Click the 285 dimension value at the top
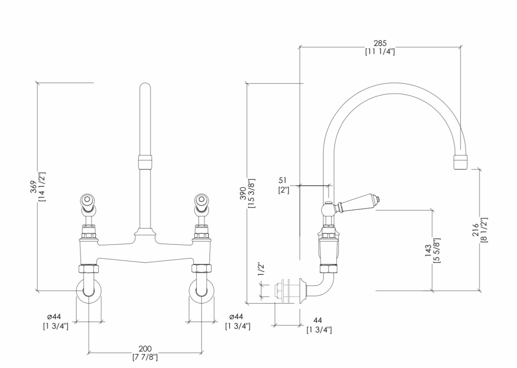click(x=380, y=43)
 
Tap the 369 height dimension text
click(x=34, y=187)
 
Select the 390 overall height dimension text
click(x=243, y=193)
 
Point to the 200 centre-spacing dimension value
click(x=145, y=348)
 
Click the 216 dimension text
click(x=476, y=230)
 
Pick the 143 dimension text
click(x=428, y=251)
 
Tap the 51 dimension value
click(x=282, y=180)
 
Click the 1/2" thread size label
click(x=261, y=269)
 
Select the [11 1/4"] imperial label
click(x=380, y=52)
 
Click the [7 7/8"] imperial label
click(x=145, y=357)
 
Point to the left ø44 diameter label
click(x=54, y=317)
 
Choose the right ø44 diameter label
click(x=236, y=317)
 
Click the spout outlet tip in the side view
click(x=460, y=163)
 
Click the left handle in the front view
click(x=88, y=203)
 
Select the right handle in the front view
click(x=201, y=203)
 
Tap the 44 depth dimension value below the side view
click(x=317, y=320)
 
